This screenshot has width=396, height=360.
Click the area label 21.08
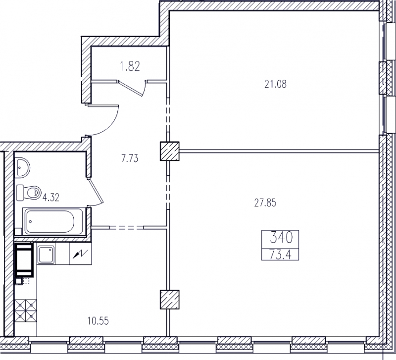276,84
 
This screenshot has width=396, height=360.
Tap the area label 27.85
265,203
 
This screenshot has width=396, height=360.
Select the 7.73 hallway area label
130,158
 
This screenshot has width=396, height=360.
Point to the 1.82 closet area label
130,67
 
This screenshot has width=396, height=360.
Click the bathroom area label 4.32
51,197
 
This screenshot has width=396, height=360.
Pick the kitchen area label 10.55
98,321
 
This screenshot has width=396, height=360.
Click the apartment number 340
281,238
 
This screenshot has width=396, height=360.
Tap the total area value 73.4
281,255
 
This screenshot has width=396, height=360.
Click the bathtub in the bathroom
53,221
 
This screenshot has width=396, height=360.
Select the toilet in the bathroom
28,193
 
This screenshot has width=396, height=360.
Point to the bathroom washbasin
23,167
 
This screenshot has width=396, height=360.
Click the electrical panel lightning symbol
80,254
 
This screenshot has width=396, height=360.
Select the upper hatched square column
169,151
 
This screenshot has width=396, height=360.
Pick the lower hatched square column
169,300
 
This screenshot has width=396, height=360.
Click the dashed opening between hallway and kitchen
126,228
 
